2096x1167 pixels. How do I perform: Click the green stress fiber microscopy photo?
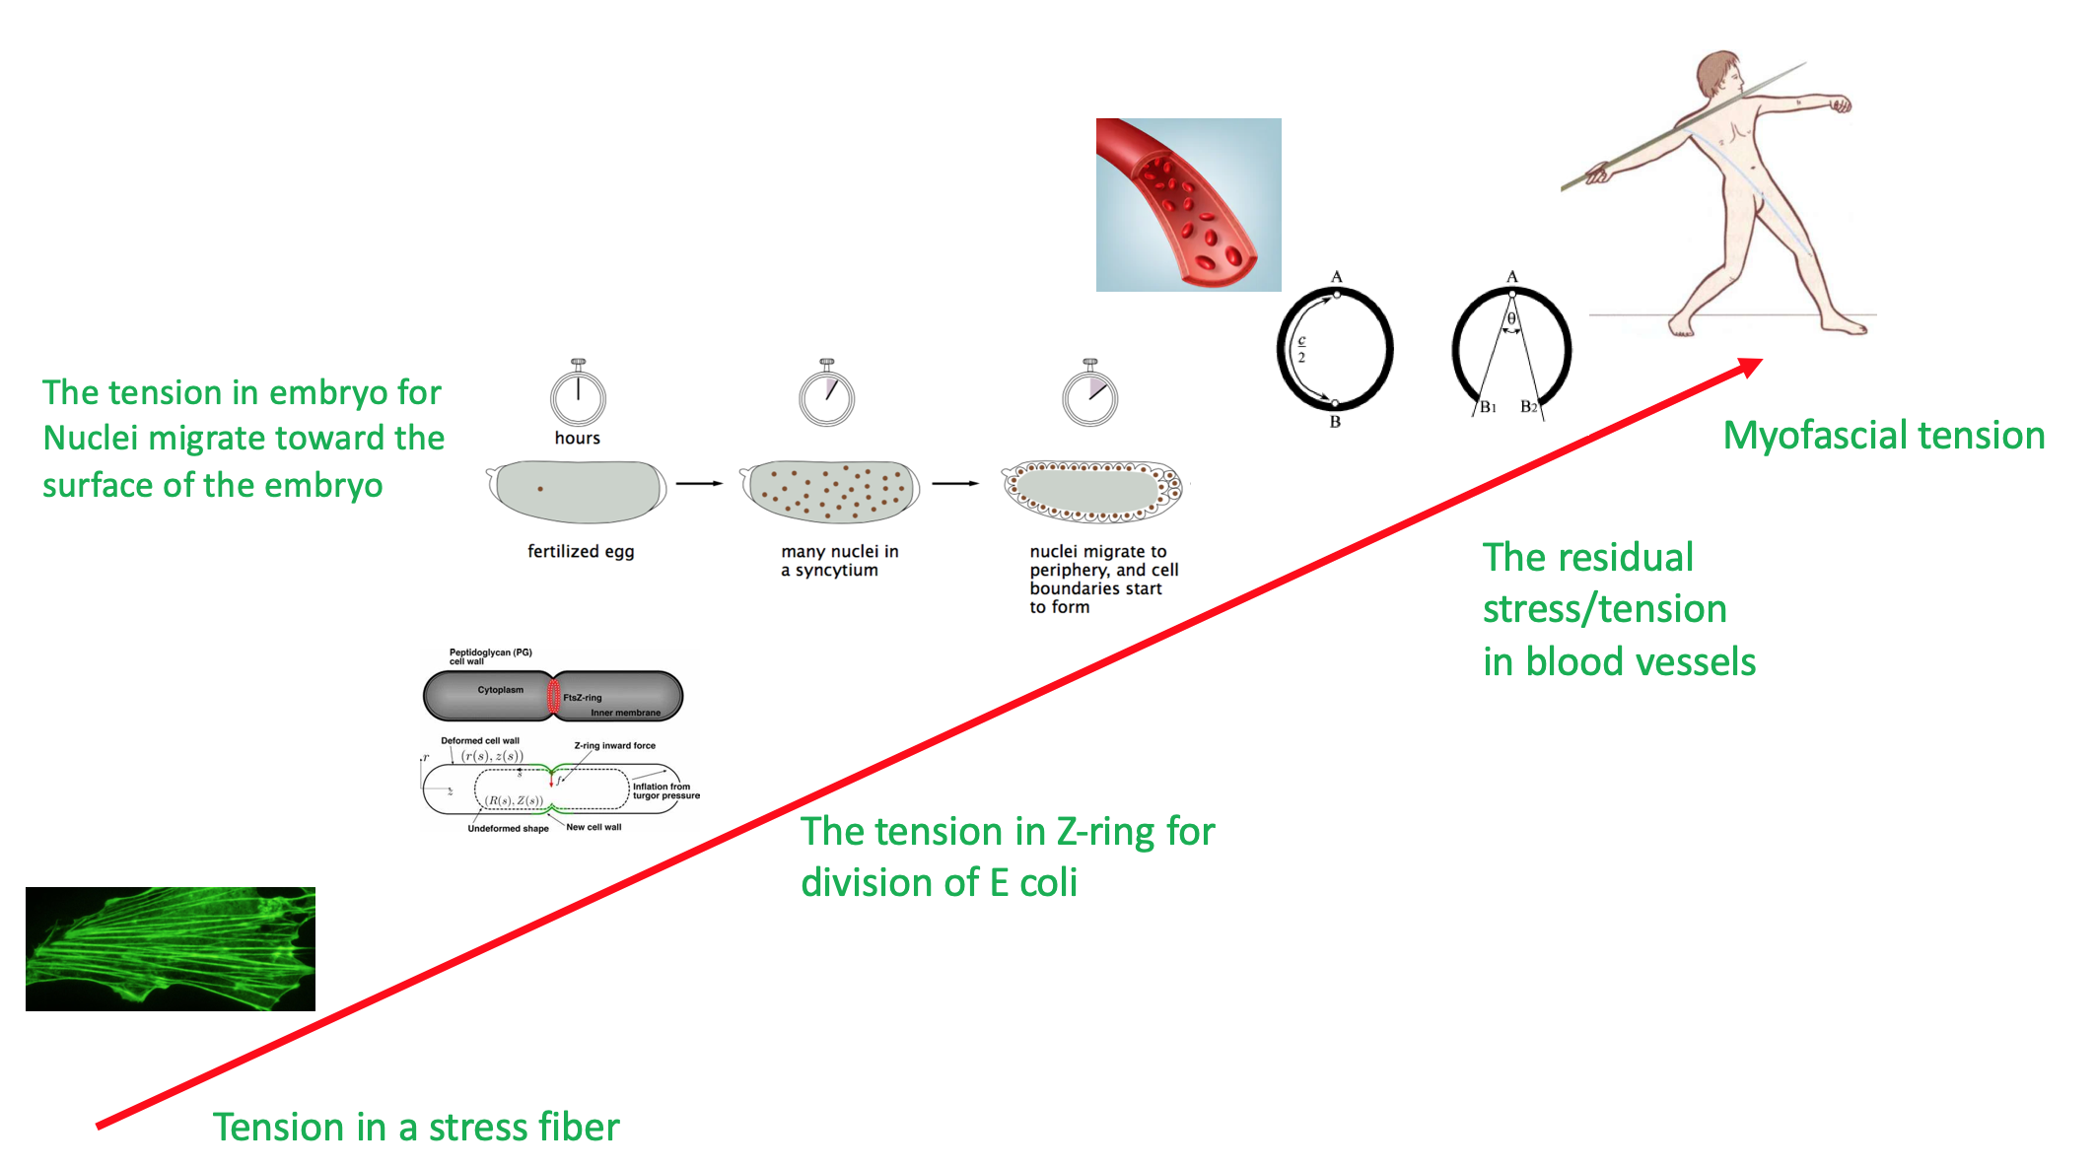coord(171,948)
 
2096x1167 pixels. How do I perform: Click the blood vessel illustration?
coord(1188,204)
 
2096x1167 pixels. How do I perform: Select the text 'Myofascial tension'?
coord(1883,436)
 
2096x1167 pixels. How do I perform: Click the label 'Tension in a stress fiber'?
coord(416,1127)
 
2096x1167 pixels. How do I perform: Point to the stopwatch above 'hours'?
coord(578,396)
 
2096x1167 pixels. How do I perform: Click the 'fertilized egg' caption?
coord(581,551)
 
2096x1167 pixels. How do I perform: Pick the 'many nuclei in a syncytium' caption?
coord(839,560)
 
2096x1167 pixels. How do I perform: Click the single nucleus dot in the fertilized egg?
coord(540,489)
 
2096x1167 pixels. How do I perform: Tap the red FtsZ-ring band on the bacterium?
coord(553,697)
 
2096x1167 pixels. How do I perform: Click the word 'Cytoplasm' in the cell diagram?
coord(501,690)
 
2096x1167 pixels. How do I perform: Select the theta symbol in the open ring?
coord(1511,319)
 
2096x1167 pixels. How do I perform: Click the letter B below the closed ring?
coord(1335,422)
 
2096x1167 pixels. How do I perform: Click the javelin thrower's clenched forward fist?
coord(1839,103)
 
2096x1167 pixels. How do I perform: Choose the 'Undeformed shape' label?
coord(508,829)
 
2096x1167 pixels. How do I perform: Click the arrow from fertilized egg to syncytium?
coord(699,483)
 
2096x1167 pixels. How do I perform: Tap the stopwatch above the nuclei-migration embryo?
coord(1089,396)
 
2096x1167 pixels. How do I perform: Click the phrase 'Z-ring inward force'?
coord(614,746)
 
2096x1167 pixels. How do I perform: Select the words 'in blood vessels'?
coord(1619,661)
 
